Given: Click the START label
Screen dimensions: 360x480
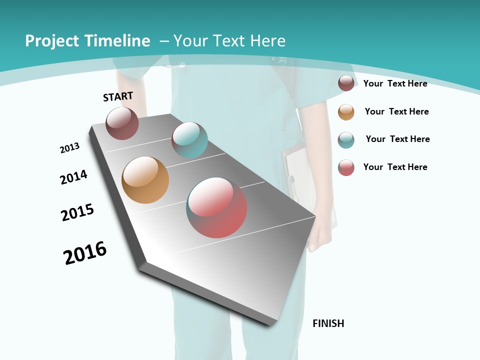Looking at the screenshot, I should tap(118, 96).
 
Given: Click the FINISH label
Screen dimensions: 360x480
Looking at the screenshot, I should tap(328, 323).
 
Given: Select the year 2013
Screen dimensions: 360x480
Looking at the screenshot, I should tap(69, 148).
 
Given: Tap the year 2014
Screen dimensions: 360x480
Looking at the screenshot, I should tap(73, 177).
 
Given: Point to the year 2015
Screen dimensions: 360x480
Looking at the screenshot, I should tap(77, 212).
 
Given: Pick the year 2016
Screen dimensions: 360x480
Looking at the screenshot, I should tap(85, 253).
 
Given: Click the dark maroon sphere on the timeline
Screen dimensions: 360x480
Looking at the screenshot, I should tap(122, 123).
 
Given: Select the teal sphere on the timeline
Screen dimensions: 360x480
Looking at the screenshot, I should tap(189, 140).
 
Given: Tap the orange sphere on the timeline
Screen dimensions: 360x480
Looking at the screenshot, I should tap(145, 180).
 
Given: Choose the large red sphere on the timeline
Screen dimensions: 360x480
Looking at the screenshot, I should tap(216, 207).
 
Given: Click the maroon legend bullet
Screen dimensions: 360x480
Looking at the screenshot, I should tap(346, 83).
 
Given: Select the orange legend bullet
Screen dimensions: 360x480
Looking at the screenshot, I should tap(346, 112).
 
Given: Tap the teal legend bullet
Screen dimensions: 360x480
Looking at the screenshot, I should tap(346, 140).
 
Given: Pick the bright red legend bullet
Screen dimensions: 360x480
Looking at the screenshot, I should tap(346, 167).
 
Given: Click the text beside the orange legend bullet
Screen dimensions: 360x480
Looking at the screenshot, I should tap(396, 111).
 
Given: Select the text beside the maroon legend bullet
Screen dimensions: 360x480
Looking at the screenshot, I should tap(395, 83).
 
